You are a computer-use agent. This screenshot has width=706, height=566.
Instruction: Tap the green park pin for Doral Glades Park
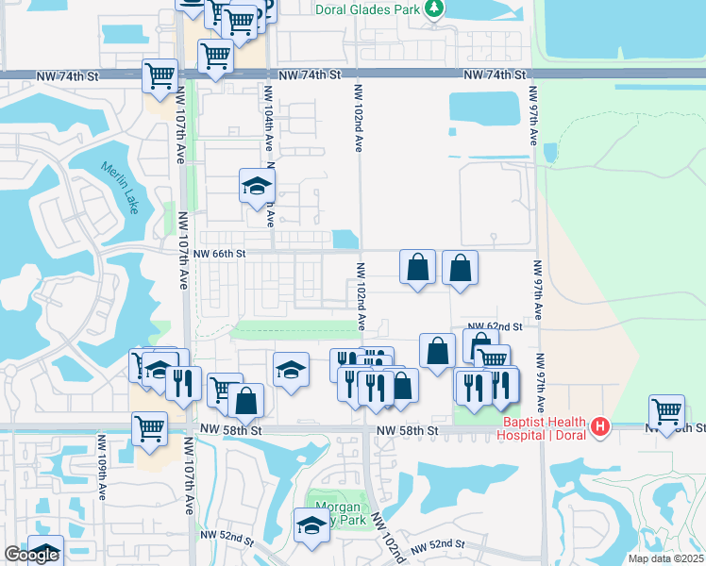click(433, 9)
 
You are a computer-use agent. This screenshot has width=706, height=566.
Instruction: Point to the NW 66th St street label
click(219, 254)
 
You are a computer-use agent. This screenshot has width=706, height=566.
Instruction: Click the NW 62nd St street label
click(496, 326)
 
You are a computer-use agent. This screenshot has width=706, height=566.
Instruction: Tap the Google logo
click(31, 555)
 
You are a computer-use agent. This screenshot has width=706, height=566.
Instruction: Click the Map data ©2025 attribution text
click(665, 558)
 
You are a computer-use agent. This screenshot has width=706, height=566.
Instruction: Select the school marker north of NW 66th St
click(255, 186)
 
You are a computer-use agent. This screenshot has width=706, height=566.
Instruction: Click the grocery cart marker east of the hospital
click(666, 411)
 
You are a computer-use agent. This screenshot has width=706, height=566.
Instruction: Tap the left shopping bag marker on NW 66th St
click(417, 268)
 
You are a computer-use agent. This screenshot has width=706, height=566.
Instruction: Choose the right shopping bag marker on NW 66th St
click(460, 268)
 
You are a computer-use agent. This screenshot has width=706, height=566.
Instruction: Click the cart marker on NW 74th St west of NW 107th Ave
click(160, 75)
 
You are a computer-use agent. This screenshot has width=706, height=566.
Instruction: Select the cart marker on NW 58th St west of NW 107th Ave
click(149, 427)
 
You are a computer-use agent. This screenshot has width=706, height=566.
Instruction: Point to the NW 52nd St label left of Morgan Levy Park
click(227, 536)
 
